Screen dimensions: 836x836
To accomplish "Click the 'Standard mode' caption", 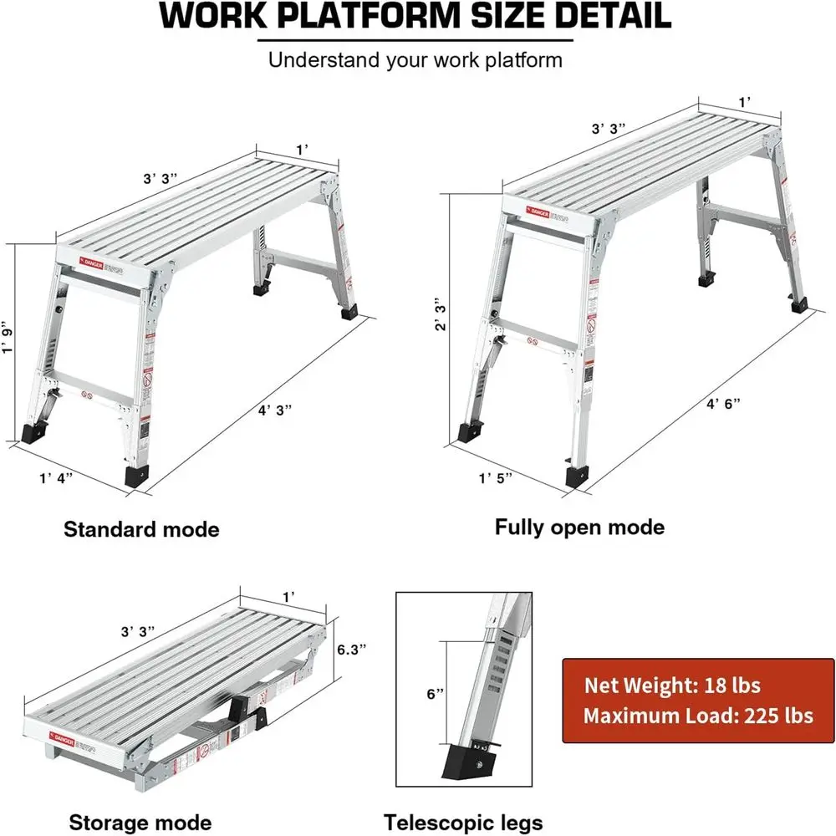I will click(x=141, y=529).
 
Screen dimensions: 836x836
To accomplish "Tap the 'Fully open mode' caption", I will click(x=579, y=527).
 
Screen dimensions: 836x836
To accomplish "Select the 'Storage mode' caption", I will click(x=140, y=822).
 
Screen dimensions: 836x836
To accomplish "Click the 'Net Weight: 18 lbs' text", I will click(x=672, y=686).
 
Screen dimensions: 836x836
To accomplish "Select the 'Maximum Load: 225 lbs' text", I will click(x=698, y=716).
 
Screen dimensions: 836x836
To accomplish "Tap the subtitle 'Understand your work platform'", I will click(x=415, y=60).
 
